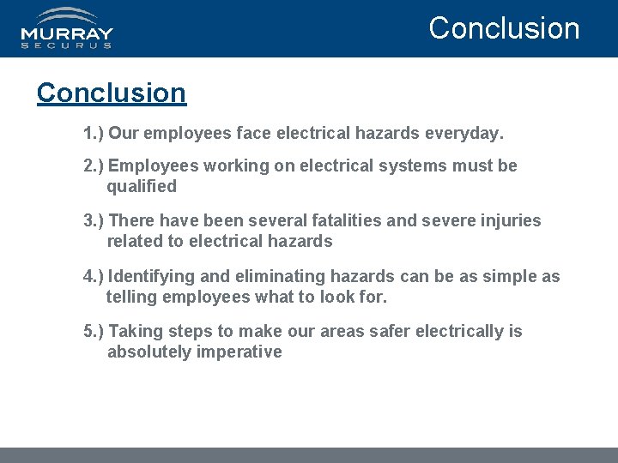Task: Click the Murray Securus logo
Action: coord(67,28)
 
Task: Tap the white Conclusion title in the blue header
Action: coord(504,27)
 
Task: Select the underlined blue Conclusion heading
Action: coord(112,93)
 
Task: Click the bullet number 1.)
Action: coord(94,134)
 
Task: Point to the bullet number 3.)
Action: coord(94,220)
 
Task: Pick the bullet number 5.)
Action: coord(94,331)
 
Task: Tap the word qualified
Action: coord(142,186)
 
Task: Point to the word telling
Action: coord(130,297)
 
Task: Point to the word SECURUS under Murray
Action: coord(67,45)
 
